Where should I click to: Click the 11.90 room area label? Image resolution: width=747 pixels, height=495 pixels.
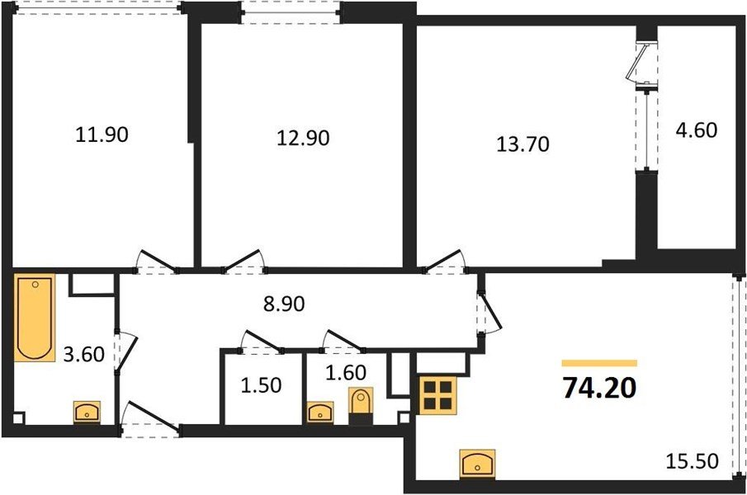(x=102, y=134)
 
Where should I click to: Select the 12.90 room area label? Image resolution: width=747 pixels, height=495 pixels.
(x=302, y=138)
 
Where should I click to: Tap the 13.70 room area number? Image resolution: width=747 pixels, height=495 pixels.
(x=522, y=144)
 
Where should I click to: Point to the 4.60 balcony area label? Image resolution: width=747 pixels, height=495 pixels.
(x=697, y=130)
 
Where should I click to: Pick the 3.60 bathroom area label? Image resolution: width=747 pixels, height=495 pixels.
(x=84, y=357)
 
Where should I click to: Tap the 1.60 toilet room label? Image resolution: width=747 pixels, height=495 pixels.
(x=345, y=374)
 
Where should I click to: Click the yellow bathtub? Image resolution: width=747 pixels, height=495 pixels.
(x=34, y=318)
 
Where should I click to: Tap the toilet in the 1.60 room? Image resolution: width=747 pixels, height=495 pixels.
(x=361, y=407)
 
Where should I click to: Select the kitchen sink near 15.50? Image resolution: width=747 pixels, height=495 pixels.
(x=478, y=464)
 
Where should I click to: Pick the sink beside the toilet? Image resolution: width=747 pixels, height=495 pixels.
(x=319, y=412)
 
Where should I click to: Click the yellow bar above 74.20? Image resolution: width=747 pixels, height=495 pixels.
(x=599, y=362)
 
